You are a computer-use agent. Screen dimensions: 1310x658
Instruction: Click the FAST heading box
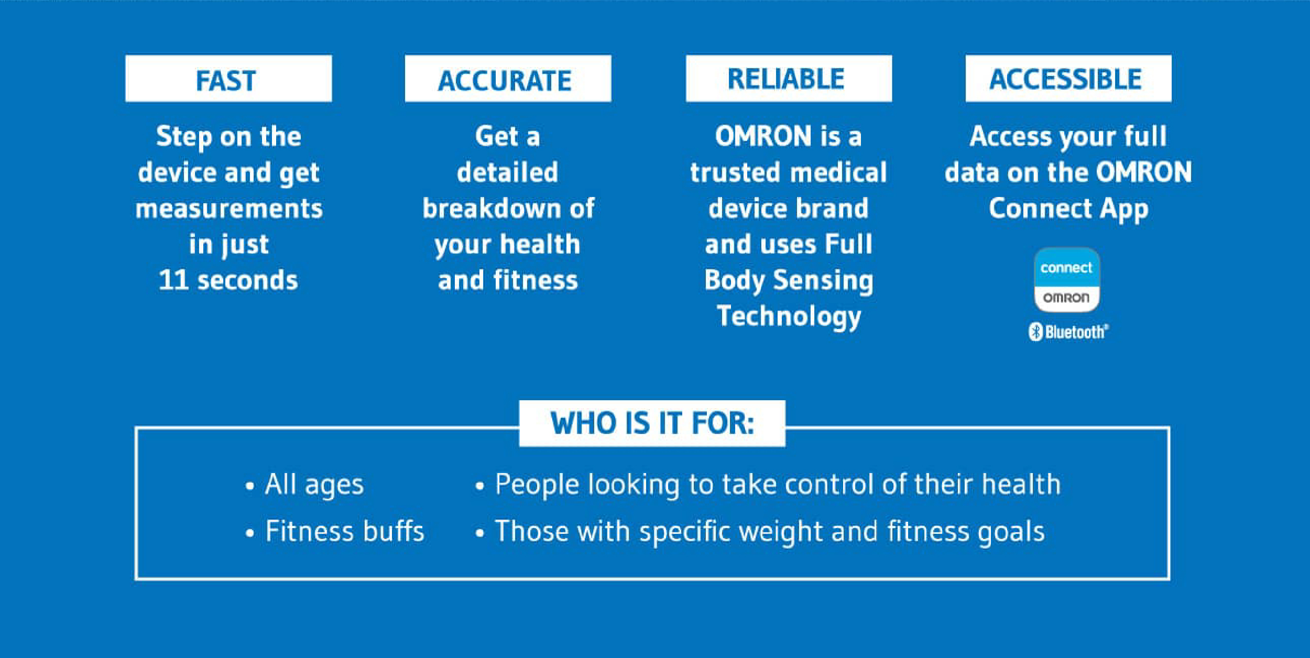point(228,79)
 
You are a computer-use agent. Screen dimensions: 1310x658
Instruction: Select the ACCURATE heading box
point(508,79)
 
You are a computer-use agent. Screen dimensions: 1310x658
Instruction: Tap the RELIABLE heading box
point(789,79)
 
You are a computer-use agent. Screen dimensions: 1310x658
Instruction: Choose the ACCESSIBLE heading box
point(1068,79)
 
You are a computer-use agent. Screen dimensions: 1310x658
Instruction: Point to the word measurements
point(229,209)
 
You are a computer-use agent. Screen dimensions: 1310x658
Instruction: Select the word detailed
point(507,172)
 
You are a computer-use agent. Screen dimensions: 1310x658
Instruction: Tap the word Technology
point(789,317)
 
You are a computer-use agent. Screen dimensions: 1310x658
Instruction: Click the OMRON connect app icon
point(1067,280)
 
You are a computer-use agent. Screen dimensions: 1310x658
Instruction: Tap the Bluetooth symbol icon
point(1035,332)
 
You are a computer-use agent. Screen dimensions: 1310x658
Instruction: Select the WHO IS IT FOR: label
point(652,423)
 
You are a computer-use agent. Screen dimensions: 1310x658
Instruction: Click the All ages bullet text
point(314,485)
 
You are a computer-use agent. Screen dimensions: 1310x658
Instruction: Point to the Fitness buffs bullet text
point(344,531)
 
